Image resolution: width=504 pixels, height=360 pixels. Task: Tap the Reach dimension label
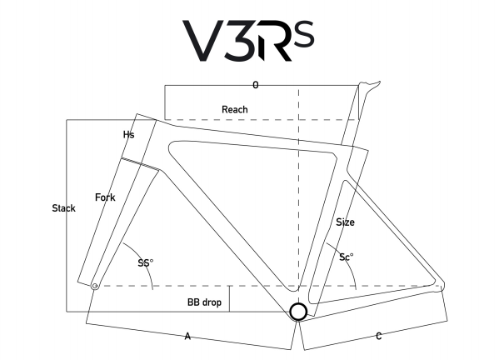click(x=234, y=109)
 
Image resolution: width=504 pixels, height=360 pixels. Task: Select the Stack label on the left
click(x=63, y=207)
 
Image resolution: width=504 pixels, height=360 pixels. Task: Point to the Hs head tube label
click(x=128, y=134)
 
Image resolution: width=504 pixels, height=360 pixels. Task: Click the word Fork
click(x=105, y=197)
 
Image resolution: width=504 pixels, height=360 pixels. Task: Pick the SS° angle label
click(x=146, y=263)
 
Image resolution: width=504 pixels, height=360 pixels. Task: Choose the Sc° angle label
click(x=347, y=257)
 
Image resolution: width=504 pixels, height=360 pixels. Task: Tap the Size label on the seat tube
click(x=345, y=222)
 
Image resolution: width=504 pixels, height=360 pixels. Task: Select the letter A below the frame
click(x=188, y=336)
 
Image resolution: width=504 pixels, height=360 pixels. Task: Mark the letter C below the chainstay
click(x=379, y=336)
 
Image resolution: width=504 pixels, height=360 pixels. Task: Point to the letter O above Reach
click(x=256, y=85)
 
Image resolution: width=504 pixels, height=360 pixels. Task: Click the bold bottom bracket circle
click(x=298, y=312)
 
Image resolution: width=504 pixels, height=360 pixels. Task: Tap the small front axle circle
click(x=95, y=286)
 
